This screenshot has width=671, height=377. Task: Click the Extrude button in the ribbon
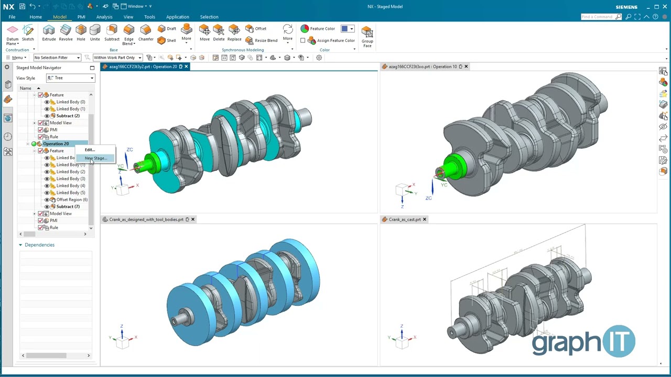tap(49, 32)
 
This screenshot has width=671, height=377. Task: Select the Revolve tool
tap(66, 32)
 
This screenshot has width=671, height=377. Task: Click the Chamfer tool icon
tap(146, 32)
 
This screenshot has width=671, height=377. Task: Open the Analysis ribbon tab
tap(104, 17)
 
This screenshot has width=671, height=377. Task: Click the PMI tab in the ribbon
tap(81, 17)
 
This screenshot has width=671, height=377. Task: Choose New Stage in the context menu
tap(96, 158)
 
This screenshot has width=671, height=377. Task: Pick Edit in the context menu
tap(90, 150)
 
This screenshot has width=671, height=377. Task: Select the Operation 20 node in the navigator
tap(56, 143)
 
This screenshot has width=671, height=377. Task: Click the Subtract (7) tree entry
tap(68, 206)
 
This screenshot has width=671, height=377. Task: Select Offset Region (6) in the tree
tap(72, 199)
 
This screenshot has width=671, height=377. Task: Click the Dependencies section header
tap(39, 245)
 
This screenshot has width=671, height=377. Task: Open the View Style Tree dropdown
tap(70, 78)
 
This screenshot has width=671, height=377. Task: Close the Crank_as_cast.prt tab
tap(425, 219)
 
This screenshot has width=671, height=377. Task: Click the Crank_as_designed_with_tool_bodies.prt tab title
tap(146, 219)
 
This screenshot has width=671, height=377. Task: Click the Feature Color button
tap(318, 29)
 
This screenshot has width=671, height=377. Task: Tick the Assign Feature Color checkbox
tap(303, 40)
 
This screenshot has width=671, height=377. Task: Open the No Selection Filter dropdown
tap(57, 58)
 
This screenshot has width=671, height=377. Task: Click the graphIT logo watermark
tap(583, 342)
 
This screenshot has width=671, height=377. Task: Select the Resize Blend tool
tap(262, 40)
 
